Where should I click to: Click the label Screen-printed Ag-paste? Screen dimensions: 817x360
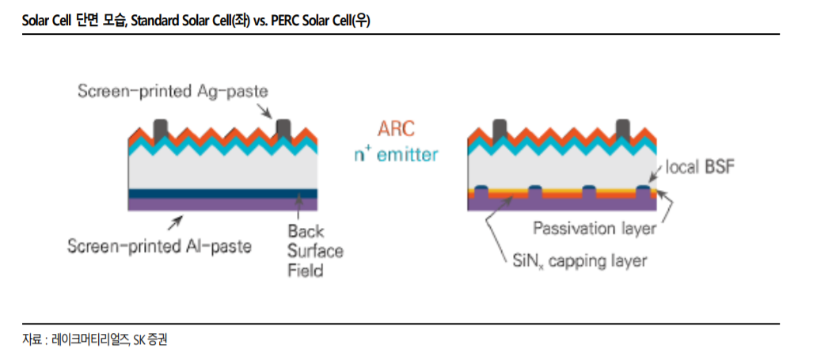[173, 91]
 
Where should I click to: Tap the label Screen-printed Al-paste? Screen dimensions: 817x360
[159, 245]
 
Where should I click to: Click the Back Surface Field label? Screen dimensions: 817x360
[315, 251]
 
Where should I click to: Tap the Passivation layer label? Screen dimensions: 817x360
[594, 228]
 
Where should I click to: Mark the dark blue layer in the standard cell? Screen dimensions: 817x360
[222, 193]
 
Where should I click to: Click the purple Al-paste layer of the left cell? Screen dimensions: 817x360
[222, 204]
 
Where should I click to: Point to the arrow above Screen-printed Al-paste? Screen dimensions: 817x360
[175, 222]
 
